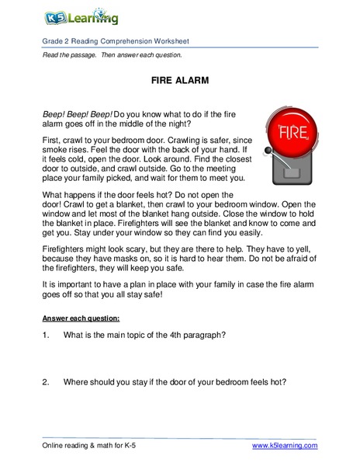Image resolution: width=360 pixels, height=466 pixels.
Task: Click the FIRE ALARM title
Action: coord(179,80)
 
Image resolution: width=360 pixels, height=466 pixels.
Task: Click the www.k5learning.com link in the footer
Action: coord(285,445)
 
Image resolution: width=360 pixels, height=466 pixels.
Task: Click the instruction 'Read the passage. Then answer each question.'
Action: coord(112,55)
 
